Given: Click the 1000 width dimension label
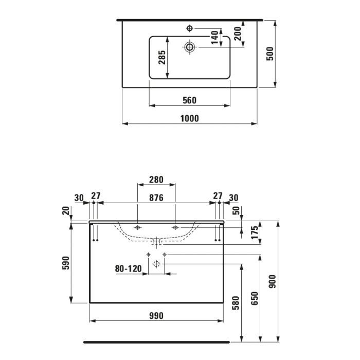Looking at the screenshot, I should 189,118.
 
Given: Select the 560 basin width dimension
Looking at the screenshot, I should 189,100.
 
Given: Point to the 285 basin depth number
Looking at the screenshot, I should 161,58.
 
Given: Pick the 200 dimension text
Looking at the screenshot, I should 237,34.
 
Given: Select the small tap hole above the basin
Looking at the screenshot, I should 189,27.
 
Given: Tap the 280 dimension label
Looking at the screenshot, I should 156,180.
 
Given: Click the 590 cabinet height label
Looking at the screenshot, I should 65,263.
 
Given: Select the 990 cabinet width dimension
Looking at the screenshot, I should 157,315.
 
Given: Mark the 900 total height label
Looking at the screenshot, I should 273,281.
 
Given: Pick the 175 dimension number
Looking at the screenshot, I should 254,232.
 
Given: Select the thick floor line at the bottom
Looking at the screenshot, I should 156,341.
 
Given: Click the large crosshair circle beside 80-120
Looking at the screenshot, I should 157,264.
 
